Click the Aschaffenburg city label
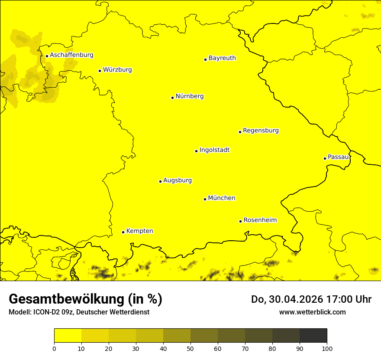[71, 55]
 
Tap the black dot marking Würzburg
[100, 71]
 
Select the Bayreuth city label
[222, 58]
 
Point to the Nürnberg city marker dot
[172, 98]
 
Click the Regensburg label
[261, 130]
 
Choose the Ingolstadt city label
[214, 150]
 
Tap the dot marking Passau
[325, 158]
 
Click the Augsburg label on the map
[178, 180]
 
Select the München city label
[222, 198]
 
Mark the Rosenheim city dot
[240, 221]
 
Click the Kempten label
[139, 231]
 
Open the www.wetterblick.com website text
[312, 312]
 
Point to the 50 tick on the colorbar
[190, 348]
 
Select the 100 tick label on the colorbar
[327, 348]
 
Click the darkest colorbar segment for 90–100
[313, 336]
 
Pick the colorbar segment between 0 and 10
[68, 336]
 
